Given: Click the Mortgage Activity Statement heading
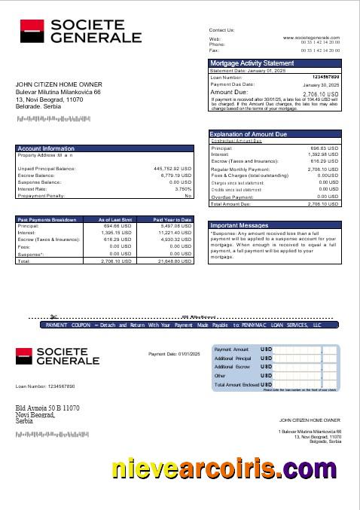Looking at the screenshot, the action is coord(252,63).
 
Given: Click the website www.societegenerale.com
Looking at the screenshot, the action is coord(311,37).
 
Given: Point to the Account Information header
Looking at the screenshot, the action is coord(46,148).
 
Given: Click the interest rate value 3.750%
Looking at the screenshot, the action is coord(183,188).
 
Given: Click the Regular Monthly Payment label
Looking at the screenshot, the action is coord(237,169).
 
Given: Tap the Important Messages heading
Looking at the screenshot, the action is coord(239,225).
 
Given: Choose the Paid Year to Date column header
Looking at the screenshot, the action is coord(174,219).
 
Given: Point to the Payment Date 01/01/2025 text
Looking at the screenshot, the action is coord(173,353).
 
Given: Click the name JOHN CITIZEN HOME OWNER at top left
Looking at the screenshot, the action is coord(59,84).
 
